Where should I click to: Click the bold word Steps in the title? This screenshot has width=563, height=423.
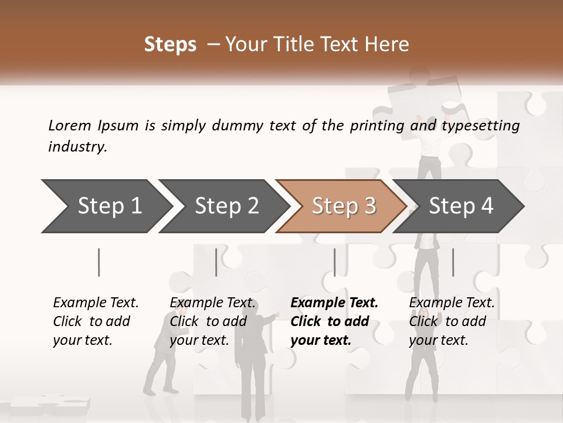(170, 44)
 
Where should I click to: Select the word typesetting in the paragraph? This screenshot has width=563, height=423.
(480, 125)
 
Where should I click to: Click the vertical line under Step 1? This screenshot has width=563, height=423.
(99, 262)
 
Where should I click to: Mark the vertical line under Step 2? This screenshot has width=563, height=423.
(216, 262)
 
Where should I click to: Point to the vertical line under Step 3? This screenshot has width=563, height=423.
(335, 262)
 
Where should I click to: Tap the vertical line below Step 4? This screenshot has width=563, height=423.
(453, 262)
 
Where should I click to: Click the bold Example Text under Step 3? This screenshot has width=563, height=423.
(334, 303)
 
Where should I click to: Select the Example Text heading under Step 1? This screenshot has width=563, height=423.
(96, 303)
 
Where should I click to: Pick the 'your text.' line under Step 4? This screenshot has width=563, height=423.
(438, 340)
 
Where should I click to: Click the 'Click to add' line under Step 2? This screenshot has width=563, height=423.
(208, 321)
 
